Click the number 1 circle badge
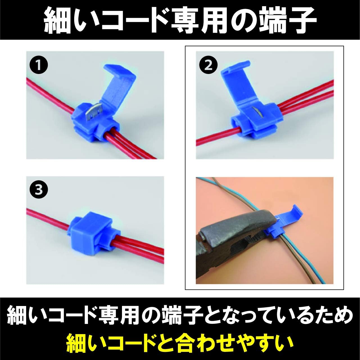39,65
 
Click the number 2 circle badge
208,65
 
